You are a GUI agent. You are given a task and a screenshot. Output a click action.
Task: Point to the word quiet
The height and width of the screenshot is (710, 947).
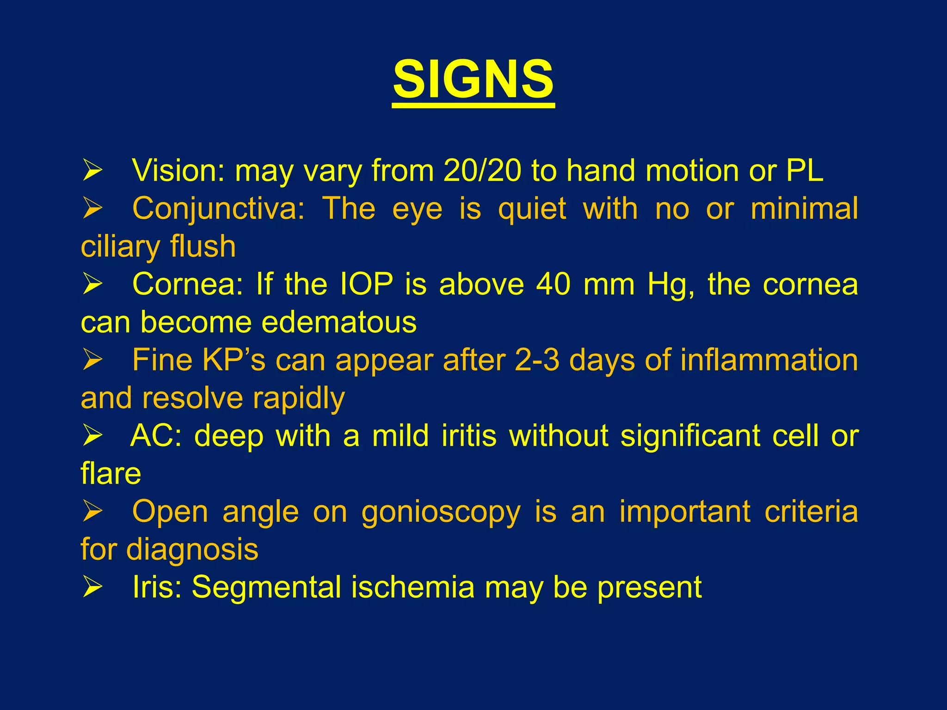click(532, 208)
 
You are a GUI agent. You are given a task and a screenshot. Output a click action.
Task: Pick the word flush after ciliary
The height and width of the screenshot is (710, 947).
click(203, 246)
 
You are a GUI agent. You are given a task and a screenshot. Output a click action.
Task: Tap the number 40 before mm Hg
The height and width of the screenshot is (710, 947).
click(553, 284)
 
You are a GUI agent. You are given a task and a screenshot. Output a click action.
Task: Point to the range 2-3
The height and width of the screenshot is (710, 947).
click(536, 360)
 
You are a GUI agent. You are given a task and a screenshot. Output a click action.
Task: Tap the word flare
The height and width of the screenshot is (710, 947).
click(111, 474)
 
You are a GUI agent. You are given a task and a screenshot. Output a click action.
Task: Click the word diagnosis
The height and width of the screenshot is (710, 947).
click(192, 550)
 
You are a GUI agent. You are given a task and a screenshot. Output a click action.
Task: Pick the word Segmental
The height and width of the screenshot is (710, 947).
click(266, 588)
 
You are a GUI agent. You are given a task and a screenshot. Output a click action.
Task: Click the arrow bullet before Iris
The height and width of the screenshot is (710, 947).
click(92, 588)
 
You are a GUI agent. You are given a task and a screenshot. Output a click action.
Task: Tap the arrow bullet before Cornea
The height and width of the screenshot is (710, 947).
click(92, 284)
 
